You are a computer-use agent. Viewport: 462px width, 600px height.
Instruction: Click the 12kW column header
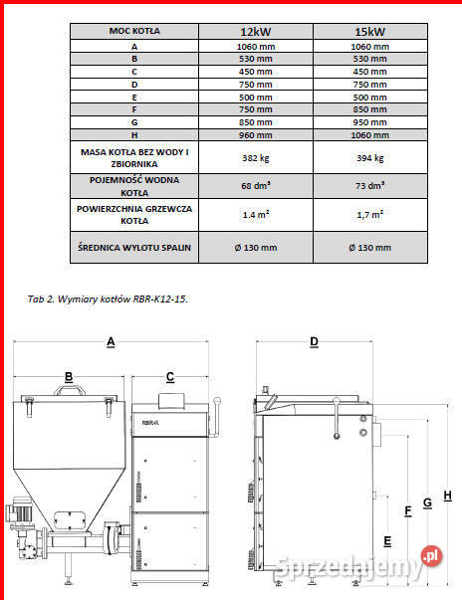(x=257, y=32)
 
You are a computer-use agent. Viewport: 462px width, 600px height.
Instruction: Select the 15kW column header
(x=368, y=32)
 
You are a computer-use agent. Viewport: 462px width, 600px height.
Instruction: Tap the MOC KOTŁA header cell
(x=134, y=32)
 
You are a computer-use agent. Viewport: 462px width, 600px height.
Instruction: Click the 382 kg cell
(x=257, y=157)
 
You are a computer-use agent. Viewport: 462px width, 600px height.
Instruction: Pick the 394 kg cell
(x=368, y=157)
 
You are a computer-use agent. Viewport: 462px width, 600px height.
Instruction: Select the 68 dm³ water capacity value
(x=257, y=186)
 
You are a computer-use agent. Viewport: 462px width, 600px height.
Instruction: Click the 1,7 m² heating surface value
(x=368, y=215)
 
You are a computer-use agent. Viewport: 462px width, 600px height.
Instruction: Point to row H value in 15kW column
(x=368, y=134)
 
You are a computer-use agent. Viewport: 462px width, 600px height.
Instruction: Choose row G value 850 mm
(x=257, y=121)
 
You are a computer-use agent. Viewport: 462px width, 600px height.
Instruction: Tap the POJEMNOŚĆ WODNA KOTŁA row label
(x=134, y=186)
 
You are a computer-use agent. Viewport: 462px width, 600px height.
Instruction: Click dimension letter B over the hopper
(x=69, y=376)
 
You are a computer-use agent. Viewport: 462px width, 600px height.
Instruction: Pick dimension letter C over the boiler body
(x=170, y=376)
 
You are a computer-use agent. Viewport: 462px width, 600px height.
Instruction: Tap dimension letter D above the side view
(x=315, y=341)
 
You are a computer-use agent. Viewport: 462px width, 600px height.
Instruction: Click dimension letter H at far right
(x=448, y=496)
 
